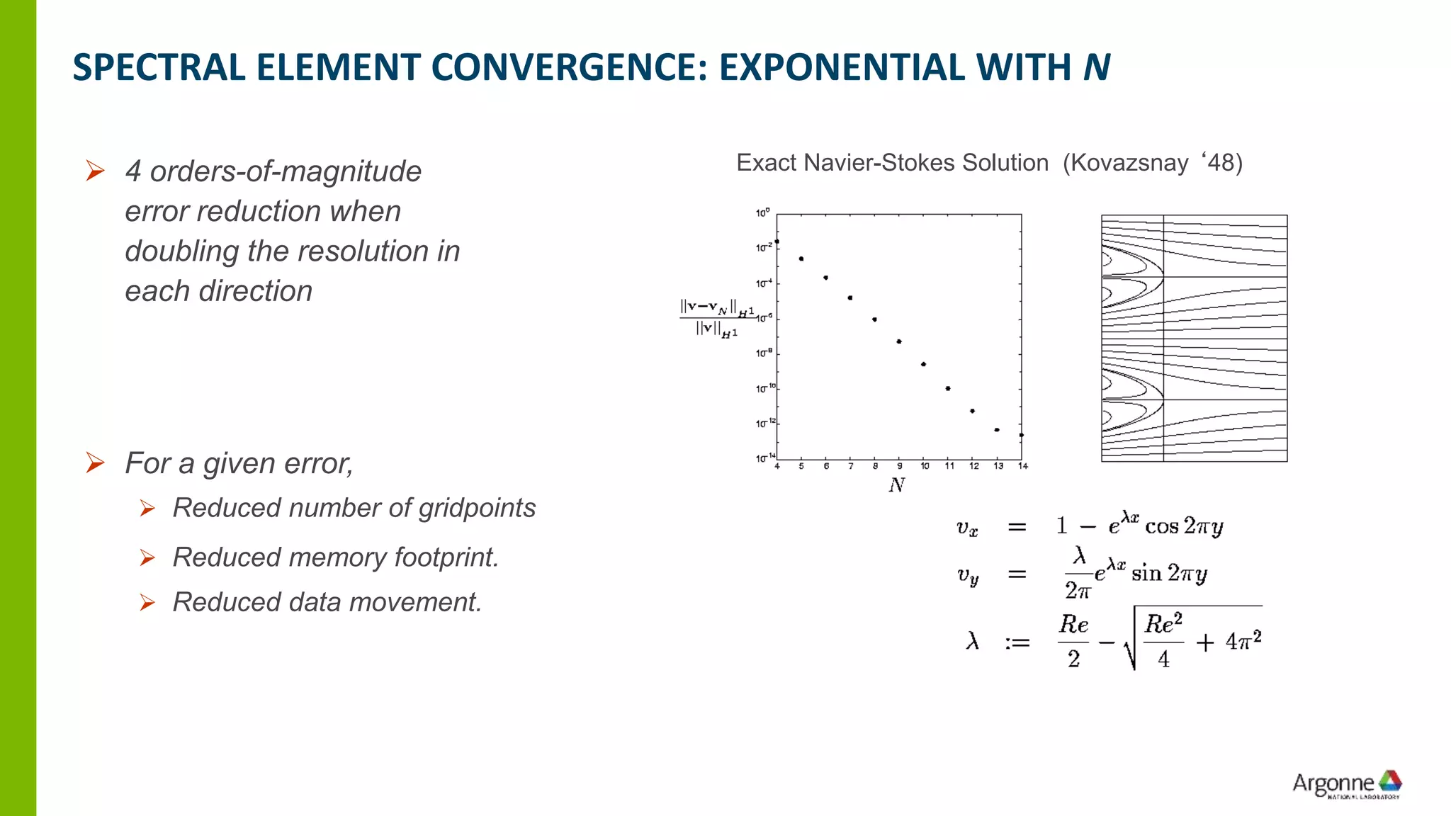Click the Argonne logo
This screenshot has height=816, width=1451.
point(1347,784)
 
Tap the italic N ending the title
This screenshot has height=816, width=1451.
point(1096,68)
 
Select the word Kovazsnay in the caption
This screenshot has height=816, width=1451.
point(1129,163)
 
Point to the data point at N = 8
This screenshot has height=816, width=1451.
point(874,319)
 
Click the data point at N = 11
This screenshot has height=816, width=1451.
point(948,388)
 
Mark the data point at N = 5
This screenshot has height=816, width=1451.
point(801,259)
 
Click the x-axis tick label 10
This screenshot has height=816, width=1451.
point(925,466)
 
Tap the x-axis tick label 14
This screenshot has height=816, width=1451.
point(1022,466)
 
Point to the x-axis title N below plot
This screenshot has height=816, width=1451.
point(897,485)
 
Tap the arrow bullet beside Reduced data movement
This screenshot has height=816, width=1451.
point(147,602)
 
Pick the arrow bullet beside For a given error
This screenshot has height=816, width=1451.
point(95,463)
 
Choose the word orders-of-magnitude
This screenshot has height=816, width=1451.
point(286,171)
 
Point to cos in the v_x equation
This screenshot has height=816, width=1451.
point(1162,527)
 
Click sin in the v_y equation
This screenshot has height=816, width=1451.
point(1146,573)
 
